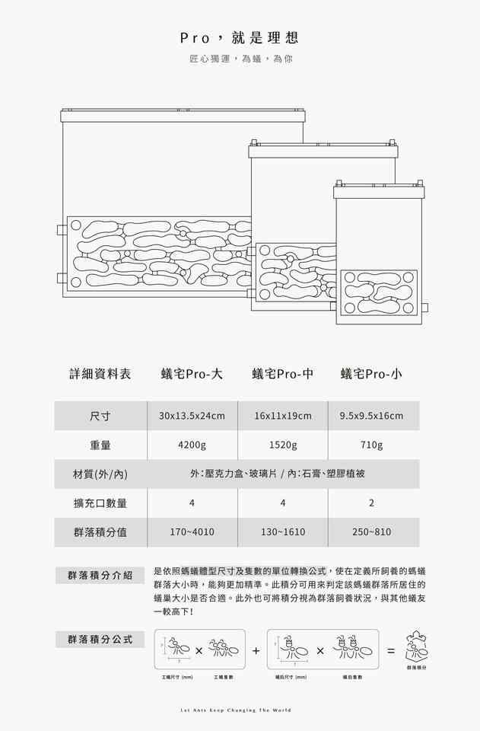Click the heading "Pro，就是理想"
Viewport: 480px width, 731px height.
[x=240, y=37]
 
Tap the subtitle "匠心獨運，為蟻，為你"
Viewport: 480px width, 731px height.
[x=240, y=59]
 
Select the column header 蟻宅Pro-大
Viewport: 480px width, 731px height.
[x=192, y=374]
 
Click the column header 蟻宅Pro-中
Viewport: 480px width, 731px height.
[x=282, y=374]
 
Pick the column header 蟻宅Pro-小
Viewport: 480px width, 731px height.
[x=371, y=374]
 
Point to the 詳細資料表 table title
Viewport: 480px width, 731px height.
[x=100, y=374]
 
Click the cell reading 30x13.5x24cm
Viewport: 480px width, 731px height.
[x=192, y=416]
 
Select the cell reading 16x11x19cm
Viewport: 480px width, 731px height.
[x=282, y=416]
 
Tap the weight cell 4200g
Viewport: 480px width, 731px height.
[x=192, y=445]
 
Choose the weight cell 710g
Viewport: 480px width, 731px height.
[x=372, y=445]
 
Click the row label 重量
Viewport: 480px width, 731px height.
[x=100, y=445]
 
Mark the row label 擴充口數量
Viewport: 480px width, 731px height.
[x=100, y=503]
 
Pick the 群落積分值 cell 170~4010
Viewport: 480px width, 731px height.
[x=192, y=532]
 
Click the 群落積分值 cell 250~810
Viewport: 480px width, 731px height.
[x=372, y=532]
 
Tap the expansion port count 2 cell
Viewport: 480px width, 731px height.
[x=372, y=503]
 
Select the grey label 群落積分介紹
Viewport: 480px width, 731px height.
[x=100, y=575]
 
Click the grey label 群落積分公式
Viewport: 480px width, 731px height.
[x=100, y=639]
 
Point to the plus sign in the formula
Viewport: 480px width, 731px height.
[x=256, y=651]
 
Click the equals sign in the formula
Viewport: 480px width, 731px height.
[x=390, y=651]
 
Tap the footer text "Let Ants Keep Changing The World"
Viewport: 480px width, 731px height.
[x=240, y=710]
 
